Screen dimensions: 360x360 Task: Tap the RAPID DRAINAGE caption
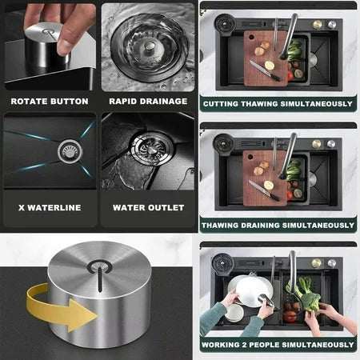point(148,102)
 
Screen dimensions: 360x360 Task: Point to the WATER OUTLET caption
point(148,207)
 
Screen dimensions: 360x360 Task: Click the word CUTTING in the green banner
point(224,104)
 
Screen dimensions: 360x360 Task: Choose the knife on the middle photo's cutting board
point(264,190)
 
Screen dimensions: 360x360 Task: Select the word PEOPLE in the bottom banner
point(270,346)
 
